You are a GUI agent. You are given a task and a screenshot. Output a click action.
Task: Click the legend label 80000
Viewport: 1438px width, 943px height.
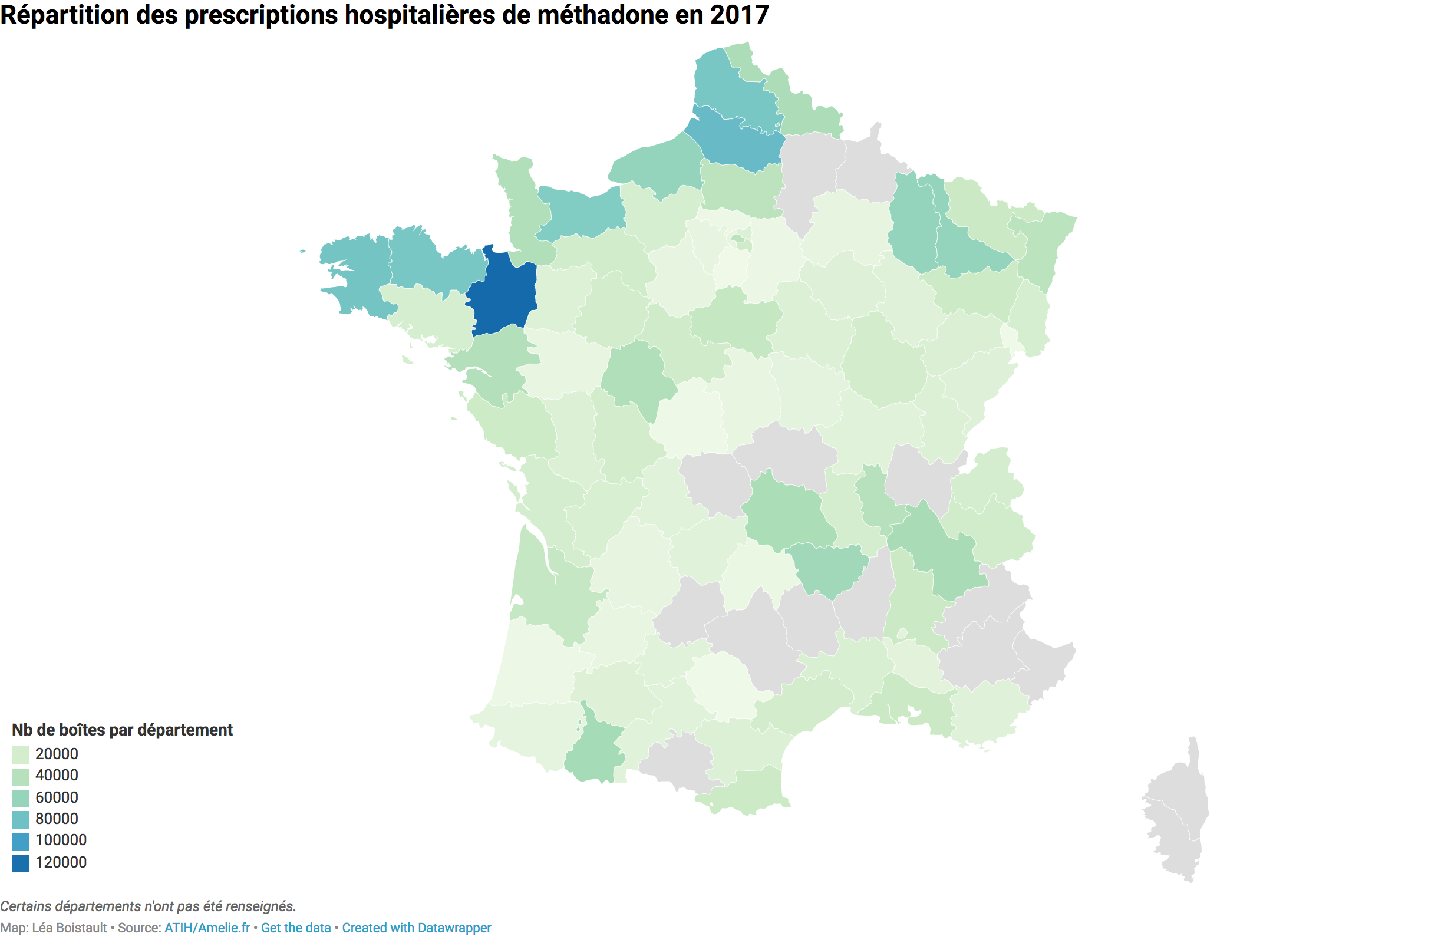click(57, 819)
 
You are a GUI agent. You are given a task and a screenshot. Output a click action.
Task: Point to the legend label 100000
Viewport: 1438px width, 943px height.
click(61, 840)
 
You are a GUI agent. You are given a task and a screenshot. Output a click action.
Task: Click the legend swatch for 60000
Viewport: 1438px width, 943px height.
click(21, 798)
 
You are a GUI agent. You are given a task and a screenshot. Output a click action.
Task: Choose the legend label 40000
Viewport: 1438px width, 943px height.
click(57, 776)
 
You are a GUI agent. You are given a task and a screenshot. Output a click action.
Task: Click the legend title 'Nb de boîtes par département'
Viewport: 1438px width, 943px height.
click(122, 730)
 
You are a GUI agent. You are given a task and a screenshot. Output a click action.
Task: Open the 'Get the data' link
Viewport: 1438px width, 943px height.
click(296, 928)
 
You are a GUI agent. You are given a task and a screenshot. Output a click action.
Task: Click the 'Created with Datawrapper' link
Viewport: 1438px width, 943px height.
click(417, 928)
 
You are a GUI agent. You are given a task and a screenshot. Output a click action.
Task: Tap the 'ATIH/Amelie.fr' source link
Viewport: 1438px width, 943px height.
click(207, 928)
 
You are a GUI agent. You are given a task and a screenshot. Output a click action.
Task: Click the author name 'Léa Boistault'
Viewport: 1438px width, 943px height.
click(70, 928)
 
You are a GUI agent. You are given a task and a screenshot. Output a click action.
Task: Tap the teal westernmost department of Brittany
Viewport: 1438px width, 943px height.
click(357, 272)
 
